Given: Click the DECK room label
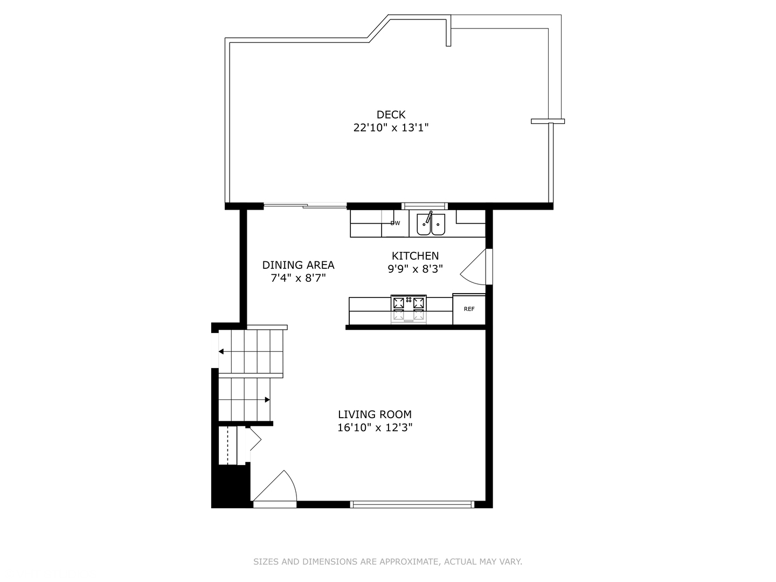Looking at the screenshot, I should (x=391, y=114).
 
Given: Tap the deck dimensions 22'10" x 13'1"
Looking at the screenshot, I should (x=391, y=128).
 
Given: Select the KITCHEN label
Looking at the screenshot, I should (x=415, y=256).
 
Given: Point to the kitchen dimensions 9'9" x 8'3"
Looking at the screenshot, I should (x=415, y=269).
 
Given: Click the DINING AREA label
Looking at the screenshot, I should (x=298, y=265).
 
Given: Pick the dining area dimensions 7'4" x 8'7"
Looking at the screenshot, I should (x=298, y=278).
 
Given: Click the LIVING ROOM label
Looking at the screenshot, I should (x=375, y=414).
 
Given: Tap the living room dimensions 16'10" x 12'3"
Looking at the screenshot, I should (x=375, y=428).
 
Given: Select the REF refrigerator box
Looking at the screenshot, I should (x=469, y=309).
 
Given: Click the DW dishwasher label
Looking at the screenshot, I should (x=396, y=223).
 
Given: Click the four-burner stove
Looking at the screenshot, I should (x=408, y=309).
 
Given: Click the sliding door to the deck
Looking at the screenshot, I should (x=305, y=205).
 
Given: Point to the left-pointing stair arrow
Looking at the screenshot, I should (x=221, y=352).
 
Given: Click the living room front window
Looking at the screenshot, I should (x=412, y=504).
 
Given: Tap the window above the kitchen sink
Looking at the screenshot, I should (x=425, y=205).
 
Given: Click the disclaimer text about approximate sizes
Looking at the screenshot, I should (x=387, y=562).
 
